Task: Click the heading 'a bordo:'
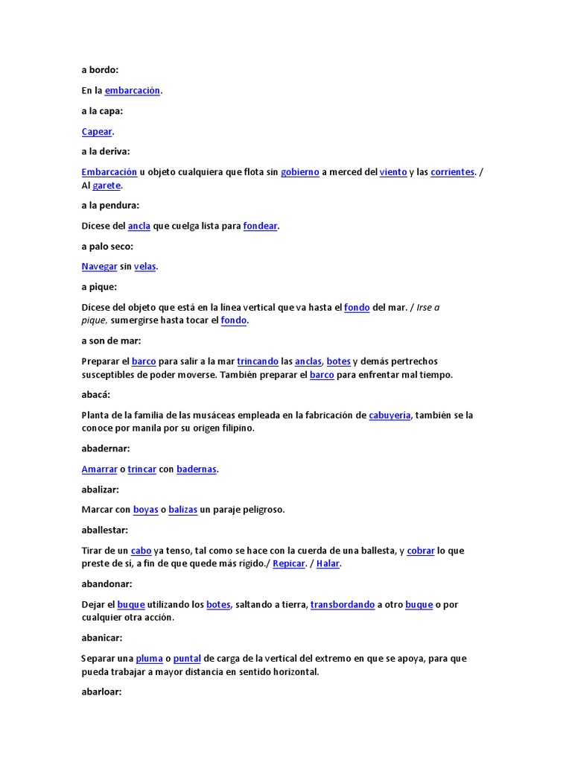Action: coord(100,70)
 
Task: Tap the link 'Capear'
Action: coord(96,131)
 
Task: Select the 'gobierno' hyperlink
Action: coord(299,172)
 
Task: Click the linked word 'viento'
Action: coord(393,172)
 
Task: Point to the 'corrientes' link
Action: coord(452,172)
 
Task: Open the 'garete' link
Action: coord(107,186)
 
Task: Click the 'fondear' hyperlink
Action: coord(260,226)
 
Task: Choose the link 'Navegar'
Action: coord(99,267)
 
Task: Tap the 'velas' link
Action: coord(144,267)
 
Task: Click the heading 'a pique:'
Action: coord(99,287)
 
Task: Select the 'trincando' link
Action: coord(258,361)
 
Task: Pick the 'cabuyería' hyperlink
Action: coord(390,415)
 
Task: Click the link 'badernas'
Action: coord(197,469)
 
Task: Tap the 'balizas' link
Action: coord(182,510)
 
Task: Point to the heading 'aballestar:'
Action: coord(104,530)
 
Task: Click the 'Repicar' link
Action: coord(289,564)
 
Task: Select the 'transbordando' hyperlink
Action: coord(343,605)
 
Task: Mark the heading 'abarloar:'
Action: coord(101,692)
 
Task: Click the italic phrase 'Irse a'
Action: coord(428,307)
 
